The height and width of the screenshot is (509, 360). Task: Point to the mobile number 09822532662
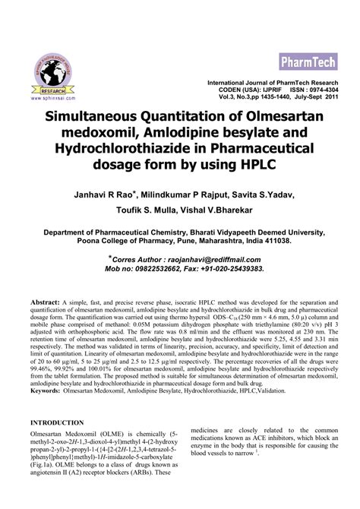[153, 269]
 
